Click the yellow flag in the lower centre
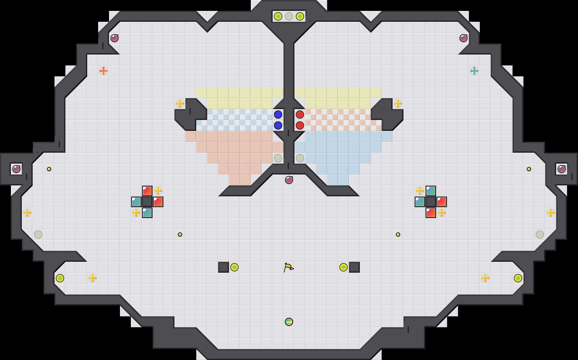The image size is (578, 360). (288, 267)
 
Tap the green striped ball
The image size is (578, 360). (289, 322)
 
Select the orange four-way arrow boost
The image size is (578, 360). (104, 71)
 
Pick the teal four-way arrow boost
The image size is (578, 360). (474, 71)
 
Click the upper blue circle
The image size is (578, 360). (278, 115)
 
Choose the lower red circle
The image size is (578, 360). (300, 125)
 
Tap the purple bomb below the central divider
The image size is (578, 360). (289, 180)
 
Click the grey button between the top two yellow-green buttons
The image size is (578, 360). (289, 16)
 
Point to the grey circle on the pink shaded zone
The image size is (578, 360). (278, 158)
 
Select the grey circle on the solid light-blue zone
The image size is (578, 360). (300, 158)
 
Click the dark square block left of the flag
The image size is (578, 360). (224, 267)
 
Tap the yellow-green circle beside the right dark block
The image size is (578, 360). (344, 267)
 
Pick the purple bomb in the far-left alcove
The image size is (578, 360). (16, 169)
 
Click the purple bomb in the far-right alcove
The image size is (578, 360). (562, 169)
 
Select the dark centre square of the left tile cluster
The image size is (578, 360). (147, 202)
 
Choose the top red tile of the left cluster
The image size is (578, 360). (147, 191)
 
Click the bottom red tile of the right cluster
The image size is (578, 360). (431, 213)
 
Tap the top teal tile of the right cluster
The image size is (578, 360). (431, 191)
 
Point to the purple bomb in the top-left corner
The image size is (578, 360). (115, 38)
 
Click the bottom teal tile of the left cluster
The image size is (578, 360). (147, 213)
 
